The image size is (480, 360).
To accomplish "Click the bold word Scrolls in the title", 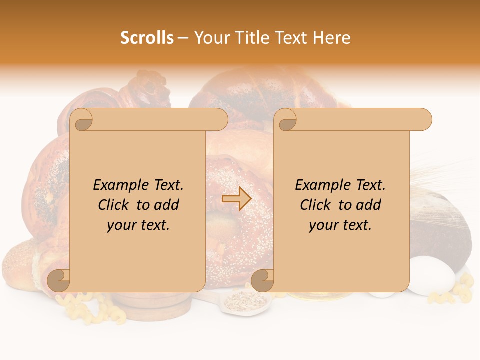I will coord(147,38).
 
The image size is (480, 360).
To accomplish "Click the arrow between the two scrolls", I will coord(236,199).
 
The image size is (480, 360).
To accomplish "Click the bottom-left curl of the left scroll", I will coord(59,280).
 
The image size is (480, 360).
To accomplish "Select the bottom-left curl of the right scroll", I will coord(263,280).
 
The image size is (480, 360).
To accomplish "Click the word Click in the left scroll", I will coord(114,205).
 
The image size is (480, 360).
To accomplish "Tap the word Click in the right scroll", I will coord(316,205).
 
